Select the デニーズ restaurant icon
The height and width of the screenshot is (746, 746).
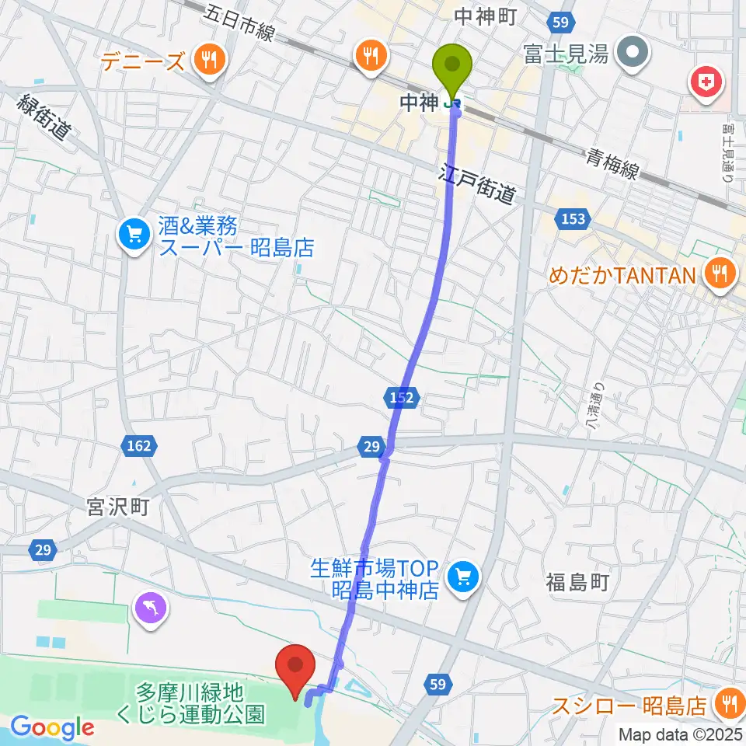coord(208,60)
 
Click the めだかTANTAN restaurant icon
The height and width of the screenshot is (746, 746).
coord(720,274)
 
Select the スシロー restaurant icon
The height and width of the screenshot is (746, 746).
coord(729,704)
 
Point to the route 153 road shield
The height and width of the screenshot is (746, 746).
coord(572,220)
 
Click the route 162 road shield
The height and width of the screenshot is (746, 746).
coord(138,446)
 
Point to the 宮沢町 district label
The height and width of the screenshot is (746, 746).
coord(118,508)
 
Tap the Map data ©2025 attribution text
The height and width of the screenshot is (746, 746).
coord(679,734)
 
